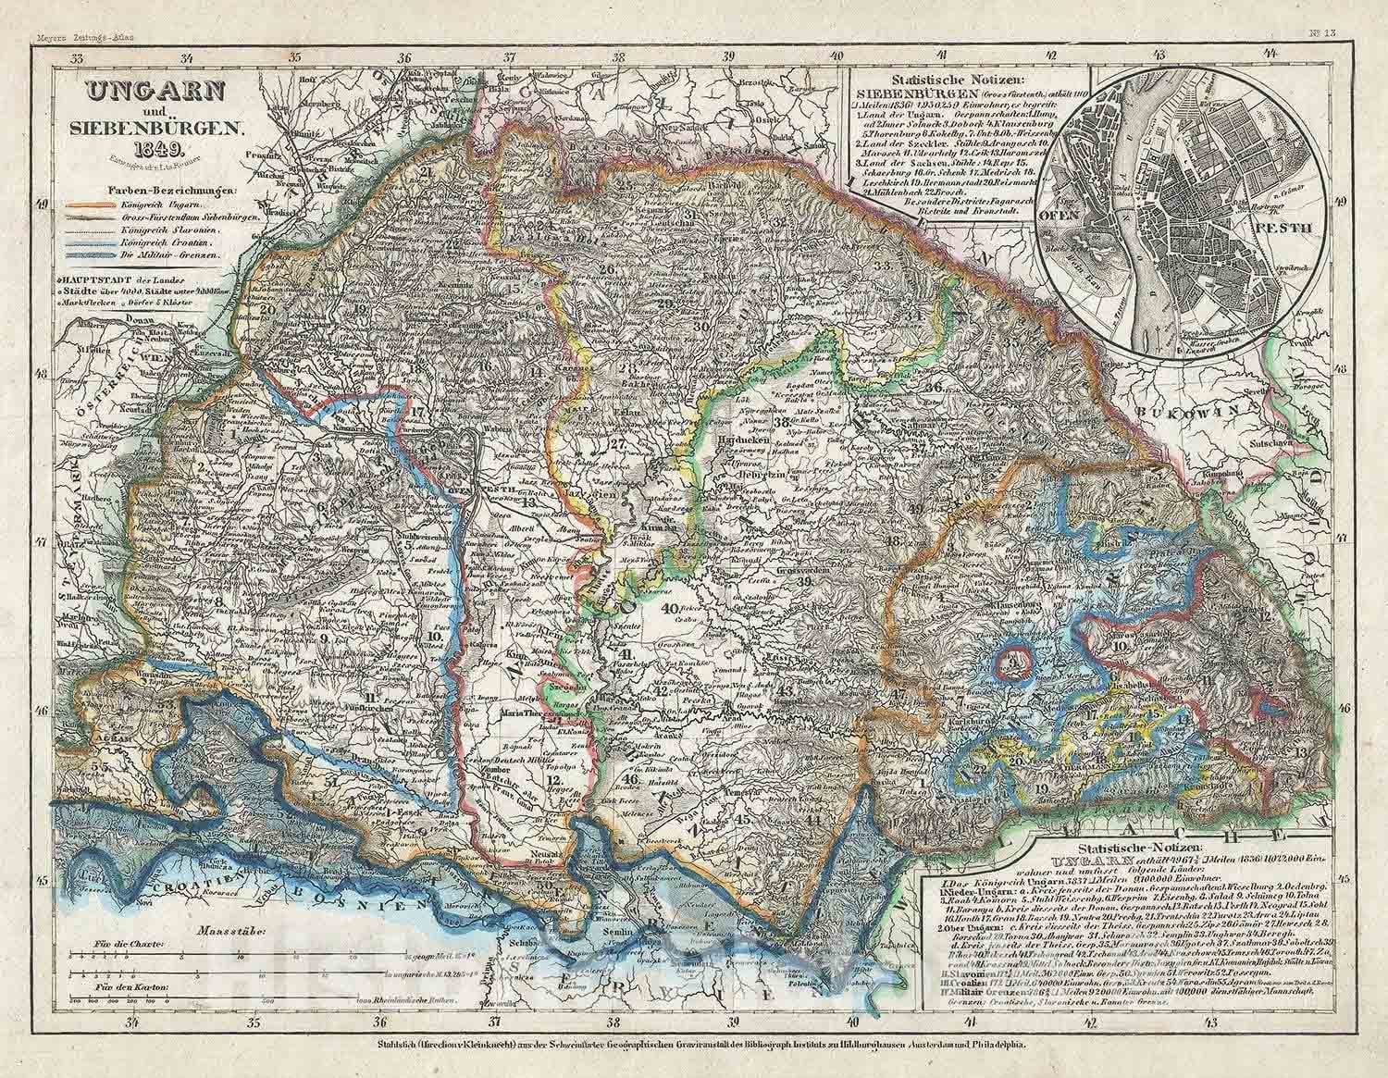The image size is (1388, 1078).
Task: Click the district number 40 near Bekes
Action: coord(669,608)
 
